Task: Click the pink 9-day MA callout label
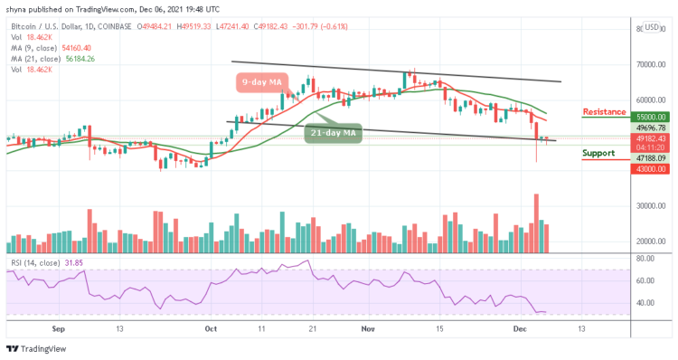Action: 263,84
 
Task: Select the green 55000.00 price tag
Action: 651,118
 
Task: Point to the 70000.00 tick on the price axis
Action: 651,65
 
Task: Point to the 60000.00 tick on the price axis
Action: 651,100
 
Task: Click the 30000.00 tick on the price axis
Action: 651,206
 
